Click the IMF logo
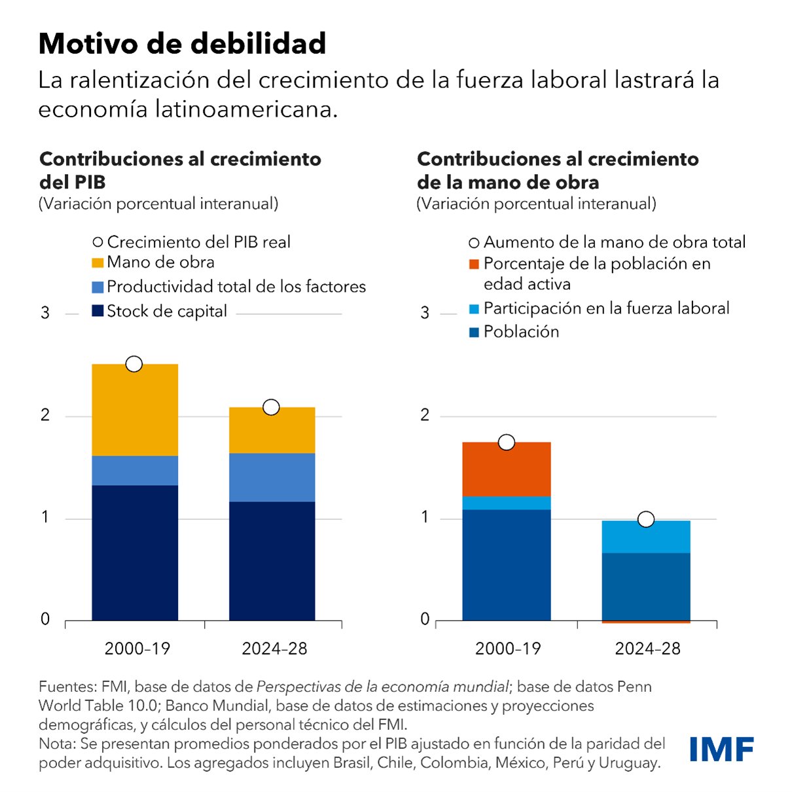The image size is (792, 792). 721,749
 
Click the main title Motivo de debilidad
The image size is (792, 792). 182,44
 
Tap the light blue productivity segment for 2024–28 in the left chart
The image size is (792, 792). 272,477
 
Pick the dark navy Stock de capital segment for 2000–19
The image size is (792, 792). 135,553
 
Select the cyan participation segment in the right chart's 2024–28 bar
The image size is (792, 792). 645,537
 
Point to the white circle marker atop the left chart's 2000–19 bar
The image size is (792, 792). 134,364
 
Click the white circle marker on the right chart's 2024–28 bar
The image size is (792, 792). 646,519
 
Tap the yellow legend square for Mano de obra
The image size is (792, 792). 98,263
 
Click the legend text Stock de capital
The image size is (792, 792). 167,311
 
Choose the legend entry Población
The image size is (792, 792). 521,332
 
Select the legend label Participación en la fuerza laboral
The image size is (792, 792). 606,308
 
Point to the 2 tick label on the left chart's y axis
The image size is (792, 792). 45,415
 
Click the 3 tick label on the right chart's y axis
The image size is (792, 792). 425,313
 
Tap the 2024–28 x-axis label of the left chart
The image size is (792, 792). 274,649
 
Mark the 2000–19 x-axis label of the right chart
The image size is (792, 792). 508,649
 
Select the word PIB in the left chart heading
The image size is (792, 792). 89,182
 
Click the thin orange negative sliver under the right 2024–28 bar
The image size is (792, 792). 645,622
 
